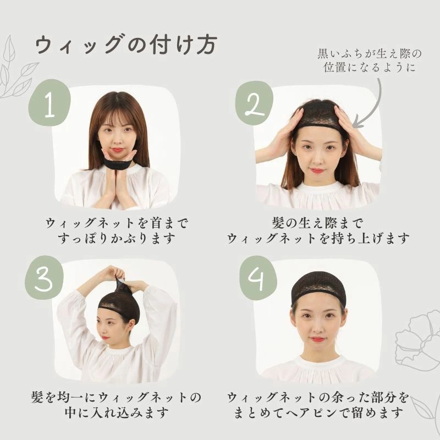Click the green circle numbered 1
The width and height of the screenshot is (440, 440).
click(x=50, y=103)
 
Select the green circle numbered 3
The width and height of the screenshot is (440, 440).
click(x=44, y=278)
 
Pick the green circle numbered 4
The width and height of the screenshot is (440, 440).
click(x=258, y=278)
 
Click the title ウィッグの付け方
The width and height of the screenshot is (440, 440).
click(x=126, y=45)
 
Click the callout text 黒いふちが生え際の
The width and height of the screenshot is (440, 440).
click(x=370, y=53)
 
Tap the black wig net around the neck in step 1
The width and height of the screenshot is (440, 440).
click(x=120, y=163)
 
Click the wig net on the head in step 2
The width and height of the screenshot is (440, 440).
click(x=318, y=114)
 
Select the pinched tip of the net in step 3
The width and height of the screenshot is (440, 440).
click(x=120, y=280)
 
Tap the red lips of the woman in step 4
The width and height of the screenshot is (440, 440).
click(x=318, y=339)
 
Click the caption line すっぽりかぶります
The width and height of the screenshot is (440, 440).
click(x=117, y=239)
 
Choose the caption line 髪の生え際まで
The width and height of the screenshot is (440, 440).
click(x=318, y=223)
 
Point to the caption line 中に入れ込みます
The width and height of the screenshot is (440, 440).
click(x=117, y=413)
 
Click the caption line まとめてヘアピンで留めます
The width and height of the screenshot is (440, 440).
click(x=318, y=413)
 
